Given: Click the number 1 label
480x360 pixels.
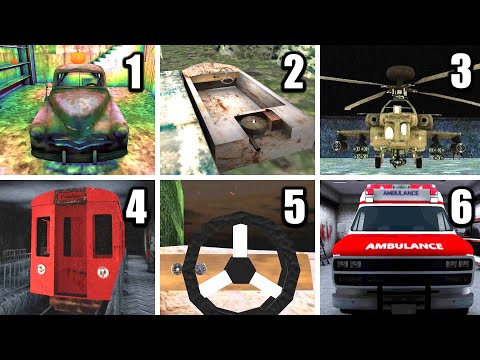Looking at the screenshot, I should pyautogui.click(x=133, y=72).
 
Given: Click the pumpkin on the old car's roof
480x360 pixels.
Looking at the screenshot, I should pyautogui.click(x=74, y=58).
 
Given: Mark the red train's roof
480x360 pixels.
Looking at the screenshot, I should pyautogui.click(x=71, y=192).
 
